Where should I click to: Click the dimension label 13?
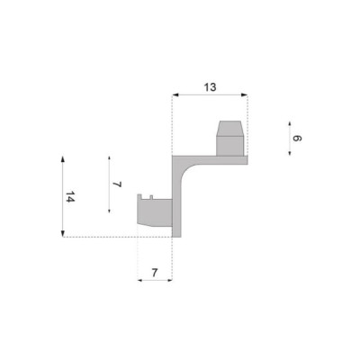point(210,87)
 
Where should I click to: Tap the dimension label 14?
point(70,196)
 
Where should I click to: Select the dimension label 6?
point(297,139)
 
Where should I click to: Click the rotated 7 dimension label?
point(117,184)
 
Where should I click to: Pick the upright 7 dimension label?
point(155,273)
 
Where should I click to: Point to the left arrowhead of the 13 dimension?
point(175,94)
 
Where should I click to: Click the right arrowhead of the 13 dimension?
point(244,94)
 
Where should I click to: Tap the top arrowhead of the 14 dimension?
point(63,159)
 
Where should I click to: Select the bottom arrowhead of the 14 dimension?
point(63,233)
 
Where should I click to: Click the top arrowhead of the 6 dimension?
point(290,123)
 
